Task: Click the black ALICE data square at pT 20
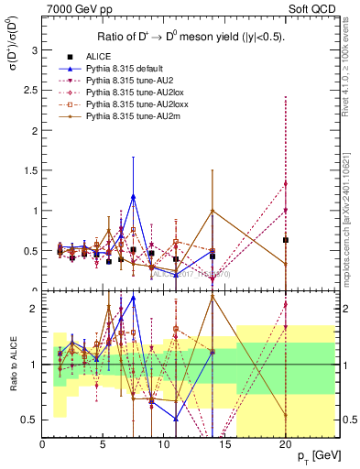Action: click(x=286, y=240)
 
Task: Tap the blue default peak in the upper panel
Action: click(x=134, y=196)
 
